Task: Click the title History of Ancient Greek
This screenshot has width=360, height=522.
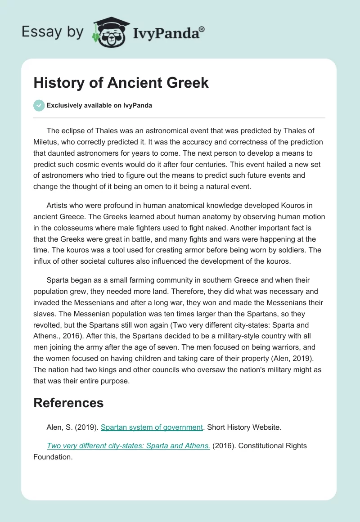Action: pyautogui.click(x=121, y=83)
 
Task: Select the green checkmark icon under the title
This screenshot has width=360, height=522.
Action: pyautogui.click(x=39, y=105)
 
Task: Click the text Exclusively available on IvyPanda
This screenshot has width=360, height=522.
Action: pyautogui.click(x=99, y=105)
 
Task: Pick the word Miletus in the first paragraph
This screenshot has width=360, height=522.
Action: pyautogui.click(x=46, y=142)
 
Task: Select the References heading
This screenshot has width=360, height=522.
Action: pyautogui.click(x=68, y=402)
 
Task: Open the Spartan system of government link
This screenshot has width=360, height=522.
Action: pyautogui.click(x=152, y=427)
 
